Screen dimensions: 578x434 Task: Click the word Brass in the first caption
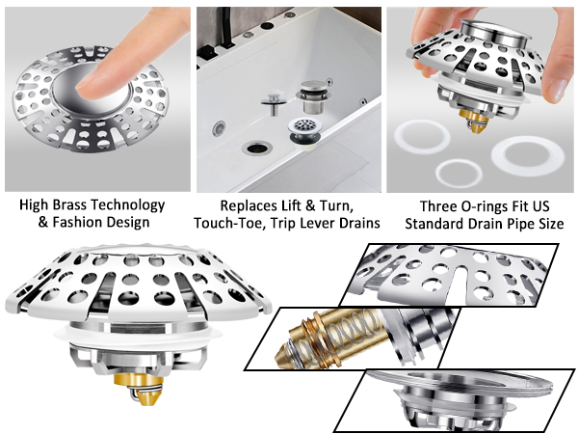point(70,204)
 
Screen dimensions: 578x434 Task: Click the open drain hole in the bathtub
point(257,149)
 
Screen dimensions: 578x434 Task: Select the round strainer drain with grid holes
point(304,130)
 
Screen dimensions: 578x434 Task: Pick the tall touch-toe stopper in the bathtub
point(314,96)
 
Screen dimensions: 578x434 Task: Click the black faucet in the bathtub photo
point(225,28)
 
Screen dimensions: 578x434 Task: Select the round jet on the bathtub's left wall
point(219,128)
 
